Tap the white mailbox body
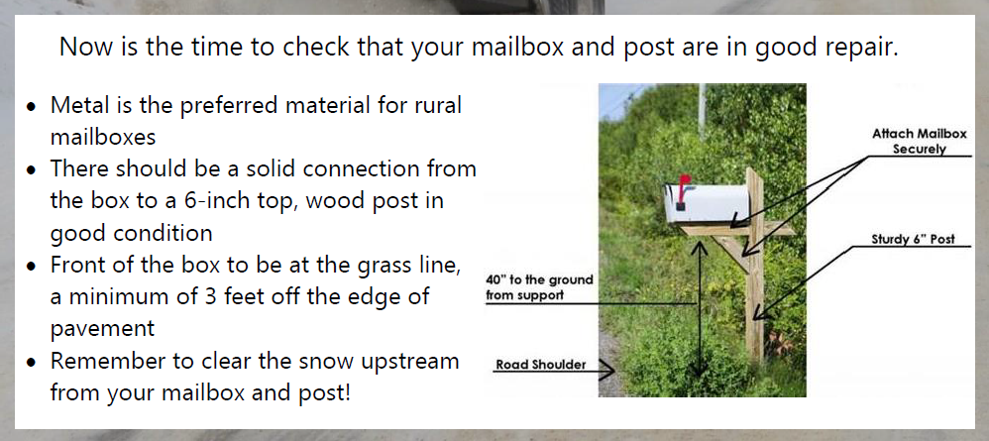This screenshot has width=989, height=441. click(x=708, y=204)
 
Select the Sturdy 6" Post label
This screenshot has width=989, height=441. click(x=913, y=239)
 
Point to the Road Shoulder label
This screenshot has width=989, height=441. click(x=540, y=364)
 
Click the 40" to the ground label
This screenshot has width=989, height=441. click(x=539, y=287)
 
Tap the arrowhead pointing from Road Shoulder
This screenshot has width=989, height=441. click(x=606, y=370)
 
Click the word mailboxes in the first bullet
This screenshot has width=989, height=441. click(x=103, y=137)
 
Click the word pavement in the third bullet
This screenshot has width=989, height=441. click(x=102, y=329)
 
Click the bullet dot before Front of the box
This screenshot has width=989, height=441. click(x=32, y=267)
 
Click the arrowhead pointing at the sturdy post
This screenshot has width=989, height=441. click(x=759, y=311)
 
